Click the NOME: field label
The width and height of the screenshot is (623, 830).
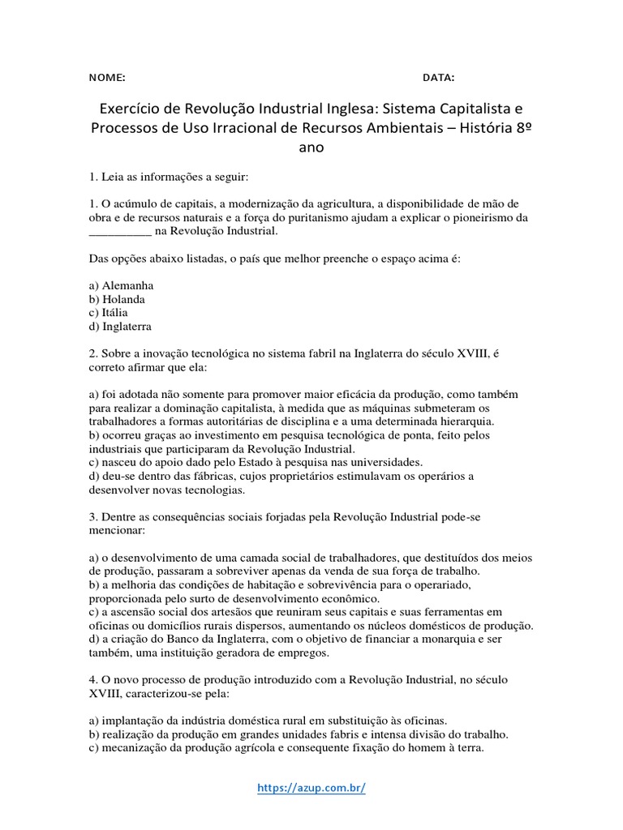point(107,78)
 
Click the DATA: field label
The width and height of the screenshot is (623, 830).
point(438,78)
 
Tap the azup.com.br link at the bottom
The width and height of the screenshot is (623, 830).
point(311,787)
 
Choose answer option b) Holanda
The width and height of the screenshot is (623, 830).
point(118,299)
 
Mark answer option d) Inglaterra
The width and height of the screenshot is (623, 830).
point(121,326)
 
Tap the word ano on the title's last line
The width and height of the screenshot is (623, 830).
point(311,148)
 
